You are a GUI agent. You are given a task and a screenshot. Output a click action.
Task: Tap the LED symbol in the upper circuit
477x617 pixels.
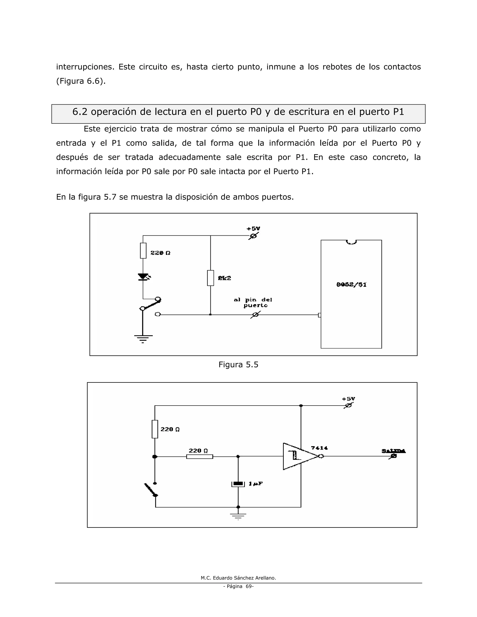[143, 277]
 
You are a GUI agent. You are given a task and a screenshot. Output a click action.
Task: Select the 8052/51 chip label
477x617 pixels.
[351, 285]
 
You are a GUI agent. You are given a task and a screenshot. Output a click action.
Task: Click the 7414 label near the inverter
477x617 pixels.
[319, 448]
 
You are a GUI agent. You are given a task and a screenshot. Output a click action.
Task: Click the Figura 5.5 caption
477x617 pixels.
[238, 365]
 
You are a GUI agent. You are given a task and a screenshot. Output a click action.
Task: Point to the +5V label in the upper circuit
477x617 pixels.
[253, 229]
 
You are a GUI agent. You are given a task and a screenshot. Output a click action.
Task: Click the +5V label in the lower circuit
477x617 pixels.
[348, 399]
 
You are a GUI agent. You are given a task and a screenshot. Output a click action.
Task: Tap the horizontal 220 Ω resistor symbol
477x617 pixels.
[200, 457]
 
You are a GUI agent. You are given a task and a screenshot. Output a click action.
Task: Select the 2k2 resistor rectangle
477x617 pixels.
[211, 278]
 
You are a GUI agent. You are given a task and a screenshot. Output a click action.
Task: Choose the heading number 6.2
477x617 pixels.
[80, 112]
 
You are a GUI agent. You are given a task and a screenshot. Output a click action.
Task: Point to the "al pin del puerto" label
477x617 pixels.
[253, 303]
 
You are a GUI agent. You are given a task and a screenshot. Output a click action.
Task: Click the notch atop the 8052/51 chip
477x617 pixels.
[351, 242]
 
